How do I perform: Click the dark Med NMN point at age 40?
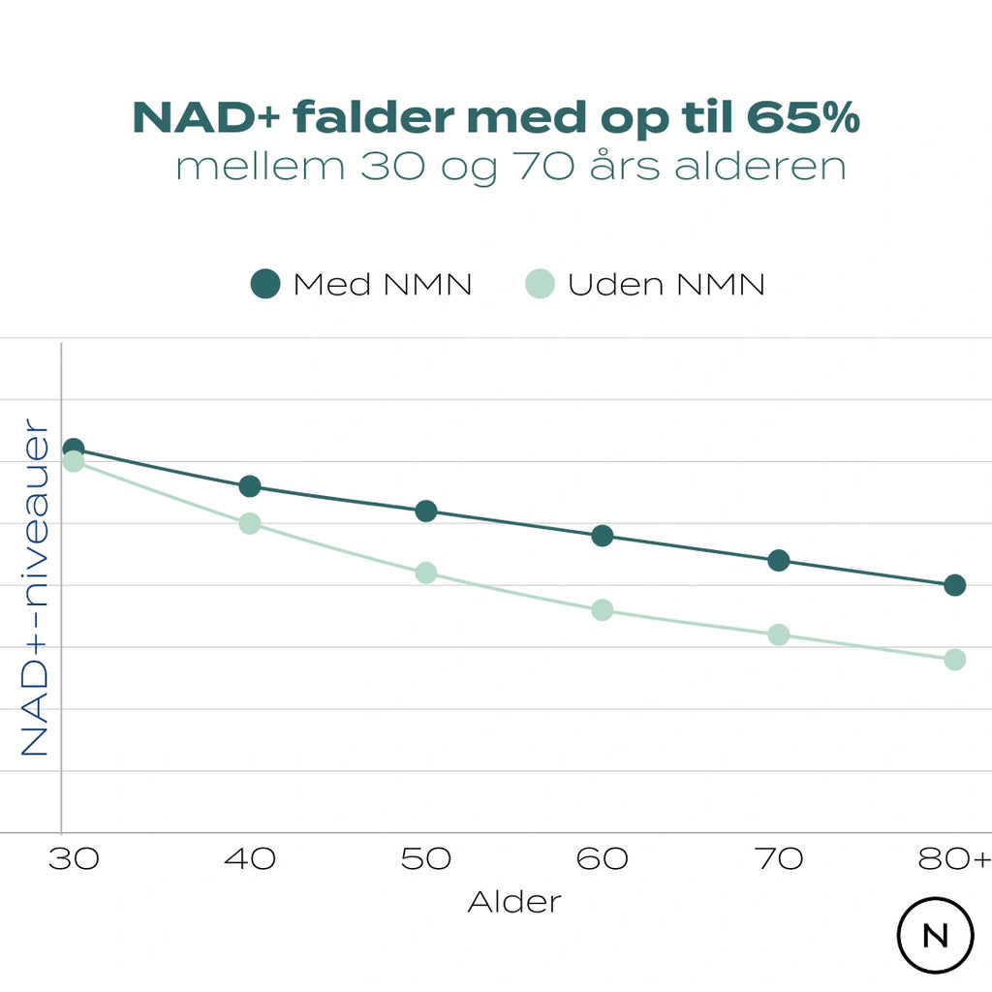point(250,485)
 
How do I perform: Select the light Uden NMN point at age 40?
point(250,523)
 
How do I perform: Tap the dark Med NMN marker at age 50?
point(426,511)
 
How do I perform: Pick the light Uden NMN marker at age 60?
point(603,609)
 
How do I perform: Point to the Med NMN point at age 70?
point(779,560)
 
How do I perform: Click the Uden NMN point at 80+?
point(954,659)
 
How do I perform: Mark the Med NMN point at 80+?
point(954,585)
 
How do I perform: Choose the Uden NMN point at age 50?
point(426,573)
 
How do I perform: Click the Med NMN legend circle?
point(264,285)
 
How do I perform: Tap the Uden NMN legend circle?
point(540,285)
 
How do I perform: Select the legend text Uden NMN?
point(666,285)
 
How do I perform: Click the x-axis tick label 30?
point(74,858)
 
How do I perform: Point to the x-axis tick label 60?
point(603,858)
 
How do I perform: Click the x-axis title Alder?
point(514,902)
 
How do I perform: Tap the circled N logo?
point(935,936)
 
